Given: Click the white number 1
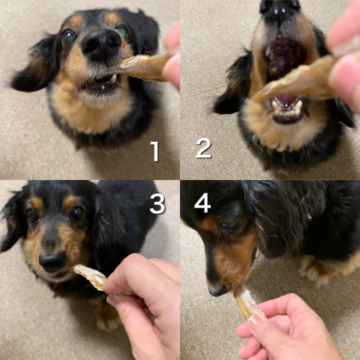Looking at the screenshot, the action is pyautogui.click(x=155, y=151).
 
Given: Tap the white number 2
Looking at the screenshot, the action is pyautogui.click(x=204, y=148).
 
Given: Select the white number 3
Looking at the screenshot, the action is pyautogui.click(x=157, y=203).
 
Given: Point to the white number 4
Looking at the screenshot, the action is pyautogui.click(x=202, y=202).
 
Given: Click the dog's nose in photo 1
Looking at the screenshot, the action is pyautogui.click(x=101, y=43).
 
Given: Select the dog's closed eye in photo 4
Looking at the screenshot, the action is pyautogui.click(x=228, y=224).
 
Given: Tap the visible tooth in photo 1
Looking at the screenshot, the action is pyautogui.click(x=113, y=78).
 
